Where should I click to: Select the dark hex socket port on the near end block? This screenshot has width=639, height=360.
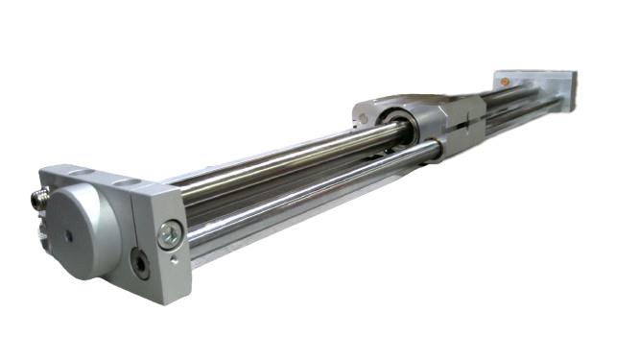pyautogui.click(x=141, y=262)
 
